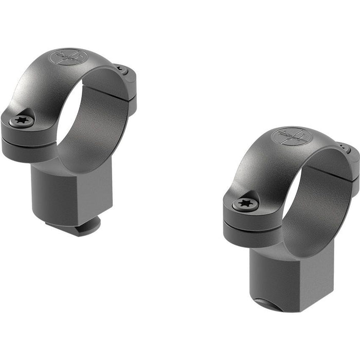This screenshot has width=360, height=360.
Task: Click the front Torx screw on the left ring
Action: pos(22,120)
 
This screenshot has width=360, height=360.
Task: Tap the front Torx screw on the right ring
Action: pos(244,204)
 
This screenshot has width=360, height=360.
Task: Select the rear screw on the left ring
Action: pos(119,68)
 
